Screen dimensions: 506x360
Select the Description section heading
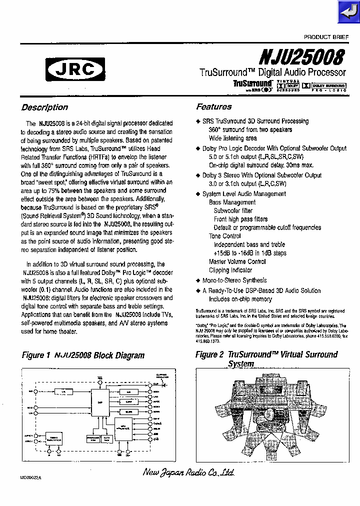pos(44,107)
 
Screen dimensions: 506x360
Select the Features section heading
pos(214,106)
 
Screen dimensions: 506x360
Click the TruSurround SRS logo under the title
pos(252,85)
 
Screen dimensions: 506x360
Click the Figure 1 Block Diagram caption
pos(83,355)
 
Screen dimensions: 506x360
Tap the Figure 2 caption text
pos(266,358)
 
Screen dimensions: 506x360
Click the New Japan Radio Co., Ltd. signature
pos(188,472)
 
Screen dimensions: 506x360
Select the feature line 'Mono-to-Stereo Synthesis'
pos(234,280)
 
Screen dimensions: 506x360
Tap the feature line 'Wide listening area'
pos(233,138)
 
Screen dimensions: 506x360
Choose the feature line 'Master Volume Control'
pos(237,261)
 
